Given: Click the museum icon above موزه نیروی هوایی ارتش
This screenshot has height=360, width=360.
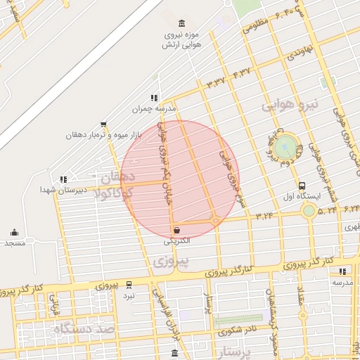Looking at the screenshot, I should (182, 24).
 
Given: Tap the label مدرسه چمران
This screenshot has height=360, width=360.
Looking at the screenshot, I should (153, 109).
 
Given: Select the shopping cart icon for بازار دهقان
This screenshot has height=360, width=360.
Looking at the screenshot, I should (103, 124).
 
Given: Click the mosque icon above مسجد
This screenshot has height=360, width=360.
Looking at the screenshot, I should (14, 233).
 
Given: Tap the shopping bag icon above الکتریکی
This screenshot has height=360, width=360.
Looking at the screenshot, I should (176, 230).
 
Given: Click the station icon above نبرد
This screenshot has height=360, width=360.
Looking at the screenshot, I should (129, 285).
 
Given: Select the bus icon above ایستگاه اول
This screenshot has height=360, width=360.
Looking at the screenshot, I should (302, 185).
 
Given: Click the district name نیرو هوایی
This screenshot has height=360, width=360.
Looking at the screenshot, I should (290, 105).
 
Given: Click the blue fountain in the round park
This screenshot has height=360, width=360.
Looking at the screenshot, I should (285, 147).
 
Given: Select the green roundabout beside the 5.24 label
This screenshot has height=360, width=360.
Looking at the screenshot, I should (308, 211).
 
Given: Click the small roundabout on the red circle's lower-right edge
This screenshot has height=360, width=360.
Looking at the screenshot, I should (215, 221).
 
